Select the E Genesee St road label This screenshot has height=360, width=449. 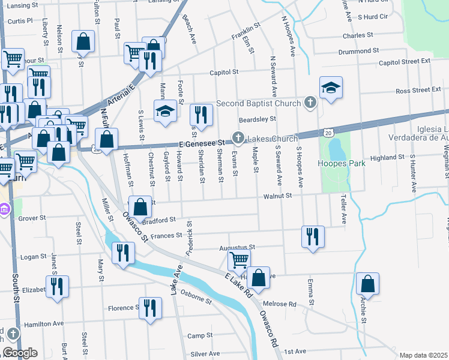coord(201,143)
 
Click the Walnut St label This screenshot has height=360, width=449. coord(279,196)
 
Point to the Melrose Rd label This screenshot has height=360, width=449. coord(283,304)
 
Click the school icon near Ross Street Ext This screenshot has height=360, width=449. coord(331,88)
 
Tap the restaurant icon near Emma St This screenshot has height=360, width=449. coord(312,236)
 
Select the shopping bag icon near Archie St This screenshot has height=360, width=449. coord(367,284)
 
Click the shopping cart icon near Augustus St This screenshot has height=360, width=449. coord(239,260)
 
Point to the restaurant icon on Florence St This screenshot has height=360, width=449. coord(150,308)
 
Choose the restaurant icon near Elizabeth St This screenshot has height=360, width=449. coord(57,286)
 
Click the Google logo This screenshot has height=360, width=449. coord(19,353)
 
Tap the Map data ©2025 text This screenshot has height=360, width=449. coord(423,355)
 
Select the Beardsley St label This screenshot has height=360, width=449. coord(257,119)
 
